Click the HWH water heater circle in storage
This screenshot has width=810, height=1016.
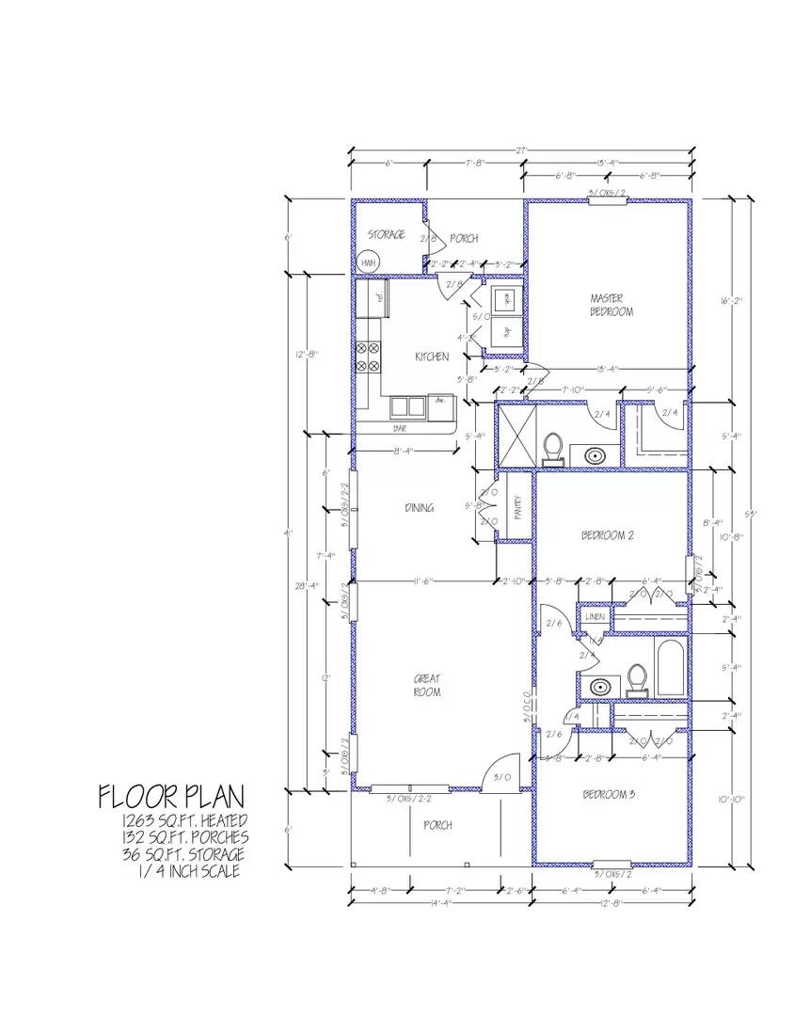click(368, 263)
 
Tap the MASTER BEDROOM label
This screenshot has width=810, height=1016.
click(611, 304)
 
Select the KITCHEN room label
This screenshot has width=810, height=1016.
click(432, 357)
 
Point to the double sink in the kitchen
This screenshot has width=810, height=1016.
click(406, 406)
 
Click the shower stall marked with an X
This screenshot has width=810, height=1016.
click(517, 435)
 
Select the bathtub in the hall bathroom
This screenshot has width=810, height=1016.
click(671, 671)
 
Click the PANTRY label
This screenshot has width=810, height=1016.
click(516, 508)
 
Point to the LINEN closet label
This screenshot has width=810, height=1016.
click(594, 616)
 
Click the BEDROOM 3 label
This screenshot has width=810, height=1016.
click(608, 795)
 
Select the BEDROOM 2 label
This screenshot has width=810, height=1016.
click(607, 535)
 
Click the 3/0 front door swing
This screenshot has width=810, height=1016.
click(503, 767)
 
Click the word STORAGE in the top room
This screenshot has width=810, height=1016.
click(387, 234)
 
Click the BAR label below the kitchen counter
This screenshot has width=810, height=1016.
click(400, 428)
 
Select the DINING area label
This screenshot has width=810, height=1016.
click(420, 508)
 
